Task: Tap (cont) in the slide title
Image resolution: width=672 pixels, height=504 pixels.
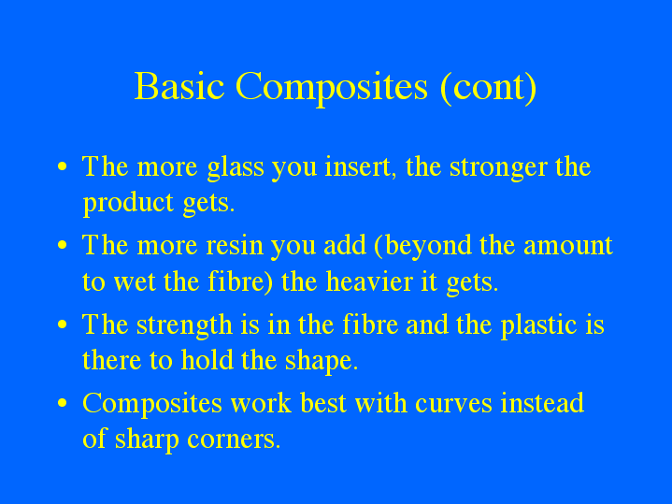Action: pyautogui.click(x=488, y=87)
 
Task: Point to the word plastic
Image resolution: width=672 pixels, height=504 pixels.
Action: pyautogui.click(x=537, y=325)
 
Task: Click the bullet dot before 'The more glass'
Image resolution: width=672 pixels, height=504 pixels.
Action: pyautogui.click(x=62, y=168)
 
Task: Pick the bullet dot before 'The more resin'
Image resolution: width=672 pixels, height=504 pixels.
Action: pyautogui.click(x=62, y=247)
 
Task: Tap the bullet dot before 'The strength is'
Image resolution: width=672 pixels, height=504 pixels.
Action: pyautogui.click(x=62, y=325)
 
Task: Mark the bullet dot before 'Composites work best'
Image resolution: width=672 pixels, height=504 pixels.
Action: pyautogui.click(x=62, y=404)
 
